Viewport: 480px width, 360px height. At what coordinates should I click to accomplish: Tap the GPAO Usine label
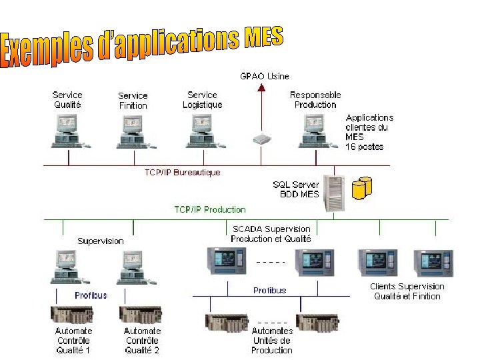point(265,77)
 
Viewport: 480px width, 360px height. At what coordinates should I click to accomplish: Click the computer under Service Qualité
point(69,131)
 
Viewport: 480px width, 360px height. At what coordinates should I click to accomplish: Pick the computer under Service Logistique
point(202,131)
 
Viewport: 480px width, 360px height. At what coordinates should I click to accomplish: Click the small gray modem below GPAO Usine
point(262,139)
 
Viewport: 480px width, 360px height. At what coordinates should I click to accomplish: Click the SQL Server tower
point(336,193)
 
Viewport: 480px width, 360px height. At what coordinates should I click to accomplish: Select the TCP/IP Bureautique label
point(182,173)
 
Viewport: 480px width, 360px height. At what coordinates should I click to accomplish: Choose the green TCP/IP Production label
point(210,209)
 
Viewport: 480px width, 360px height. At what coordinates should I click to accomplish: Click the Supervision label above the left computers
point(100,241)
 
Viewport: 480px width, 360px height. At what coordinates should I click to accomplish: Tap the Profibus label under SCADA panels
point(269,291)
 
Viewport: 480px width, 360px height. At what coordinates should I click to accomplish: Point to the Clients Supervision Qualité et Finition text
point(407,291)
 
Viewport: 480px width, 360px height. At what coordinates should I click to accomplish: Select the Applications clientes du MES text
point(369,131)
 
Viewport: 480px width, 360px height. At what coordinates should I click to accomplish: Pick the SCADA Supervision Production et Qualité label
point(271,234)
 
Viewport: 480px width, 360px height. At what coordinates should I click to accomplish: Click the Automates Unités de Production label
point(271,340)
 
